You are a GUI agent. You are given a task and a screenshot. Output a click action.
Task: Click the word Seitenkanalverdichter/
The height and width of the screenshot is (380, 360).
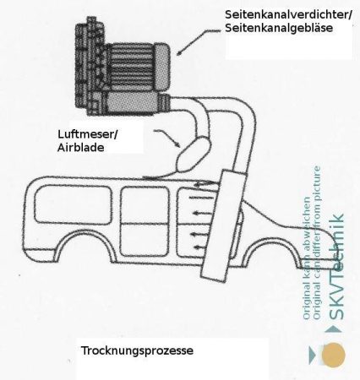tap(288, 15)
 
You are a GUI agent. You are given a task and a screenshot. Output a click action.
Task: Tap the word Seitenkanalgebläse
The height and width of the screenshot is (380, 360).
tap(279, 28)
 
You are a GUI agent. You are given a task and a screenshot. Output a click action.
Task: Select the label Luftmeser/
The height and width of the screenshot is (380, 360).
tap(88, 134)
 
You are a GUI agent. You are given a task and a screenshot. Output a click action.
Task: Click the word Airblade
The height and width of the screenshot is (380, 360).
tap(81, 148)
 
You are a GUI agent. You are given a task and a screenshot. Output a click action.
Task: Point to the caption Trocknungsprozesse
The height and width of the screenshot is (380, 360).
tap(137, 350)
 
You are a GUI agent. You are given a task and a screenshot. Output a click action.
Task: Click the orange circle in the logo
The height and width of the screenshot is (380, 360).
tap(334, 355)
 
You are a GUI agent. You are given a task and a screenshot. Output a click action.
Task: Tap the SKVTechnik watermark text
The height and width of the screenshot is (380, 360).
tap(336, 267)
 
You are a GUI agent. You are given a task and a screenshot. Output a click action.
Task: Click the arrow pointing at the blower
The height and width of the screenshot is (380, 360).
tap(198, 41)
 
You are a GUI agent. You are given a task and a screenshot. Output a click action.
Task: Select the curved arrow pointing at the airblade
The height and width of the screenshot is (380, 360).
tap(168, 137)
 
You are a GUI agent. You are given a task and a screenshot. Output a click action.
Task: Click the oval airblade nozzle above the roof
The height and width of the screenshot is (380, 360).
tap(194, 154)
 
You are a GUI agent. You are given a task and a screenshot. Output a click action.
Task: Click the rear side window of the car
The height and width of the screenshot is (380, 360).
tap(74, 204)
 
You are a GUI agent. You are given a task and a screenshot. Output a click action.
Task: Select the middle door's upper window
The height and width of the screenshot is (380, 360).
tap(145, 205)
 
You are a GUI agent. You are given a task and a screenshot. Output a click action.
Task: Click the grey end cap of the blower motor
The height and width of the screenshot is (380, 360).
tap(162, 65)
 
